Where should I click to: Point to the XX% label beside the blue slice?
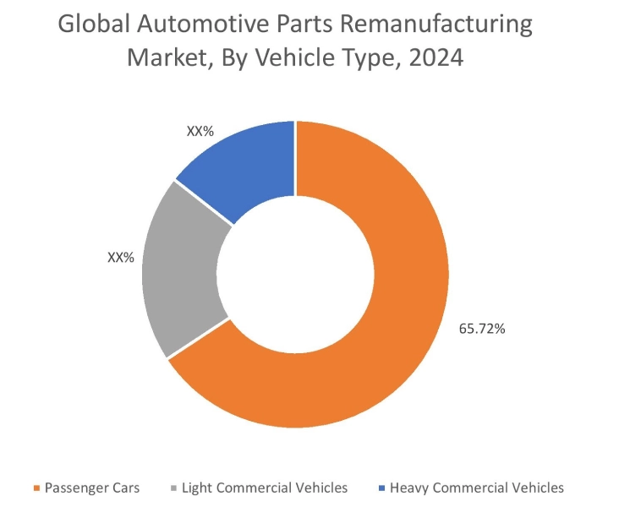[x=200, y=132]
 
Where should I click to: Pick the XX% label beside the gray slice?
[x=121, y=258]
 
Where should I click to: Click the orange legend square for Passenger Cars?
[x=36, y=488]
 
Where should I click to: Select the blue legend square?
[x=381, y=488]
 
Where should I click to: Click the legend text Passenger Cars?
[x=92, y=488]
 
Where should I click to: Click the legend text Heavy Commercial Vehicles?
[x=477, y=488]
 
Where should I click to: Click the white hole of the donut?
[x=295, y=275]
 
